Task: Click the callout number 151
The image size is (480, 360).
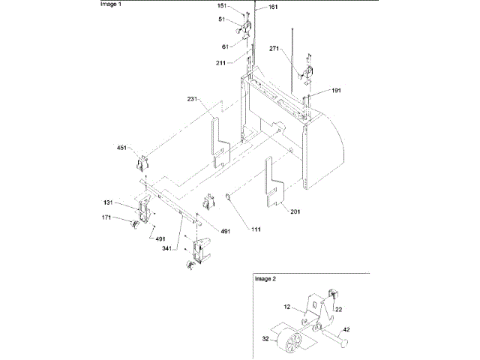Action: coord(223,6)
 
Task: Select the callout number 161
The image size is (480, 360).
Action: coord(271,7)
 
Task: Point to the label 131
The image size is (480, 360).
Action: coord(109,202)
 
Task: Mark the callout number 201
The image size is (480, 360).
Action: coord(295,211)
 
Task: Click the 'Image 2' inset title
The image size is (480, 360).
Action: coord(265,278)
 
